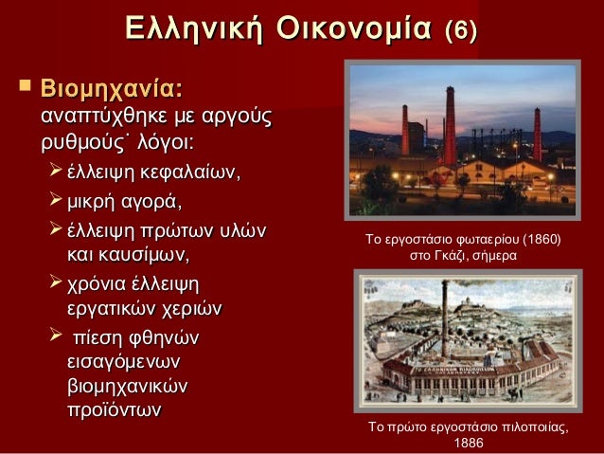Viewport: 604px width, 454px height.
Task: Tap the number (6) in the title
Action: coord(461,28)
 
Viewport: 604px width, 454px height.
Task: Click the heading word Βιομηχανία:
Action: coord(111,90)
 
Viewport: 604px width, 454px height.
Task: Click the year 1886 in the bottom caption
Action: coord(470,443)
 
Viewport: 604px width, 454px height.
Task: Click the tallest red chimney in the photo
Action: coord(451,123)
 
